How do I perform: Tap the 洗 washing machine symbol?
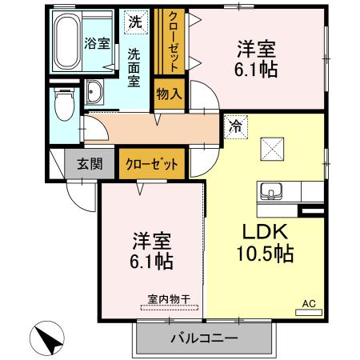click(136, 22)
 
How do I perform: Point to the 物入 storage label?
click(170, 94)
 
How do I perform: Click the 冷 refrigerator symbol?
click(235, 125)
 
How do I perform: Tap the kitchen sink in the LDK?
click(270, 191)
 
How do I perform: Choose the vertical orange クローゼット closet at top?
click(172, 39)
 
